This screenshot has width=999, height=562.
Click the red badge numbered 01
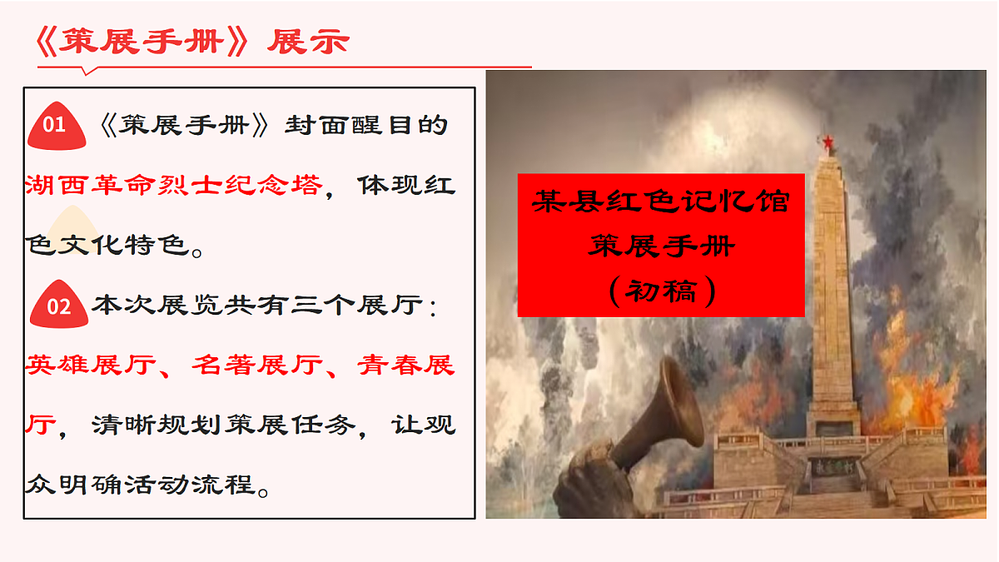point(55,127)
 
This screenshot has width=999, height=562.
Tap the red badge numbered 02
point(58,306)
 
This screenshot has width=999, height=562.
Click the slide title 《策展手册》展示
point(193,42)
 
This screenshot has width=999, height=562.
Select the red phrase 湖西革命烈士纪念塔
point(173,185)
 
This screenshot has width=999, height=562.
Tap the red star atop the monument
point(828,143)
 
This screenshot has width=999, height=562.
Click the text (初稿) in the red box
point(661,291)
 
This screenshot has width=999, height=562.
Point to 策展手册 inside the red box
point(661,246)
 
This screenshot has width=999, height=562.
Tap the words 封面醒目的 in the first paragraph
point(366,126)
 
